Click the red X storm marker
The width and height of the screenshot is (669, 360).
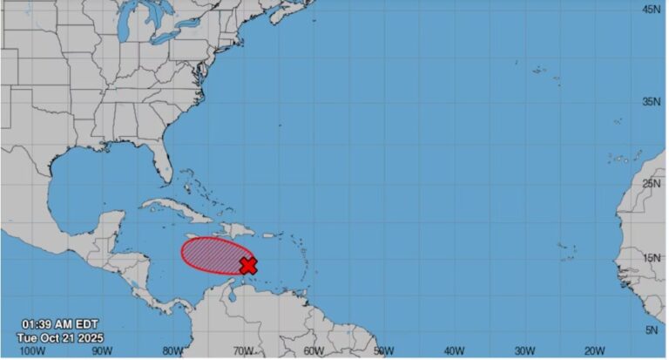tap(248, 264)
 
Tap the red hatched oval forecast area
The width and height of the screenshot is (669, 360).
tap(212, 255)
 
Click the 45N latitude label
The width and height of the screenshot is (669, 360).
tap(651, 9)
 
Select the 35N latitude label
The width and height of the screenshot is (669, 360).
tap(651, 102)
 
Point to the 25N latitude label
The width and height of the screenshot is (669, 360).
tap(651, 184)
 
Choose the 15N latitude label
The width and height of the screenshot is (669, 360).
tap(651, 258)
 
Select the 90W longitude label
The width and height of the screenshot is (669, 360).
tap(102, 350)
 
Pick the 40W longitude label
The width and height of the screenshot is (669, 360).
tap(453, 350)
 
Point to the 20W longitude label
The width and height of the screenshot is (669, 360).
tap(594, 350)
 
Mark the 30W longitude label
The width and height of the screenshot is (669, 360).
tap(524, 350)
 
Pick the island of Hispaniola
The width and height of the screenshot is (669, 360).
tap(237, 228)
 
